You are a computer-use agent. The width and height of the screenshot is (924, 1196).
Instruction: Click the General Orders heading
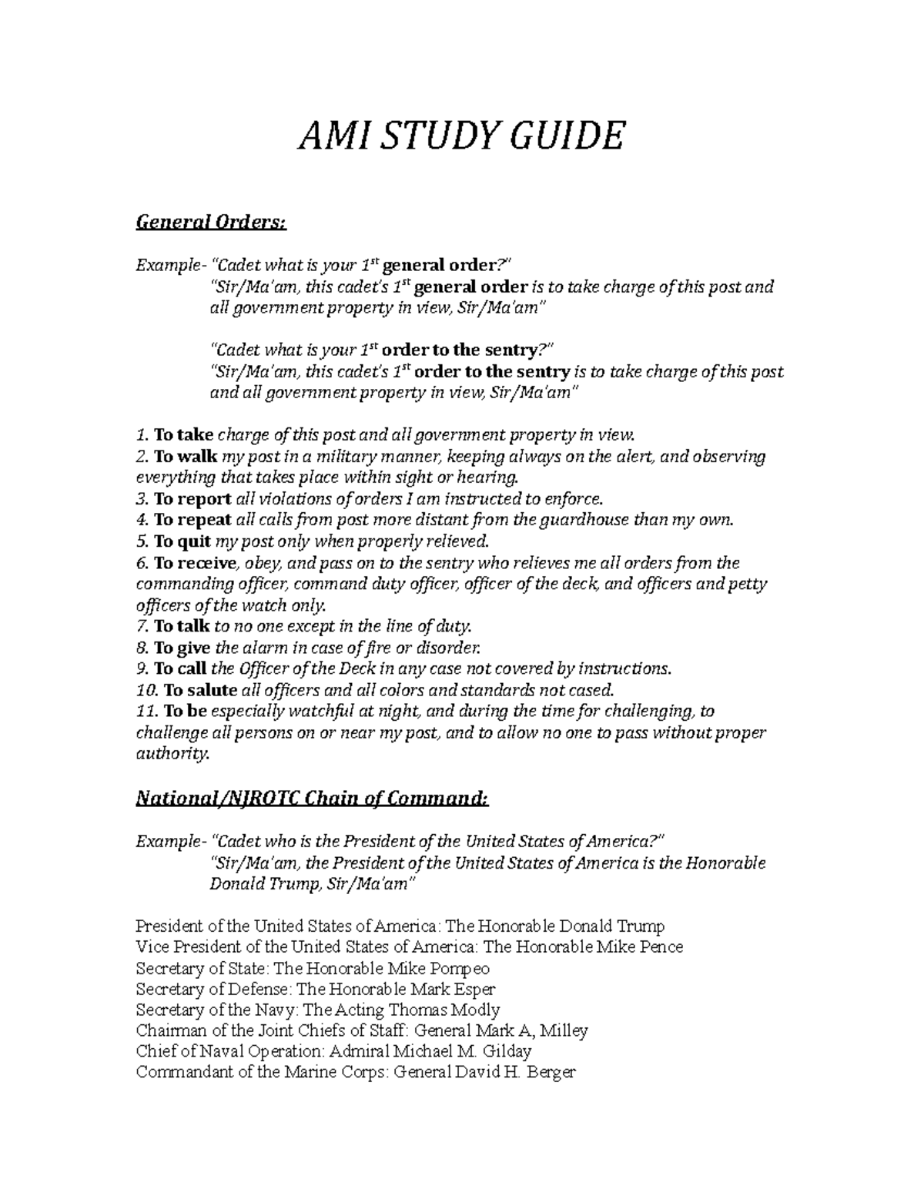click(x=210, y=223)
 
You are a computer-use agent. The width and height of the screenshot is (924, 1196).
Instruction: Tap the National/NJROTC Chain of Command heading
click(x=312, y=799)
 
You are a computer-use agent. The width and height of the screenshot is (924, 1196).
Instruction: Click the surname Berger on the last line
click(x=552, y=1072)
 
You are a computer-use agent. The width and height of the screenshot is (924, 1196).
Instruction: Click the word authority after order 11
click(x=172, y=754)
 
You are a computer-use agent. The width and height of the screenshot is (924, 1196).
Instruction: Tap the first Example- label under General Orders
click(x=169, y=266)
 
